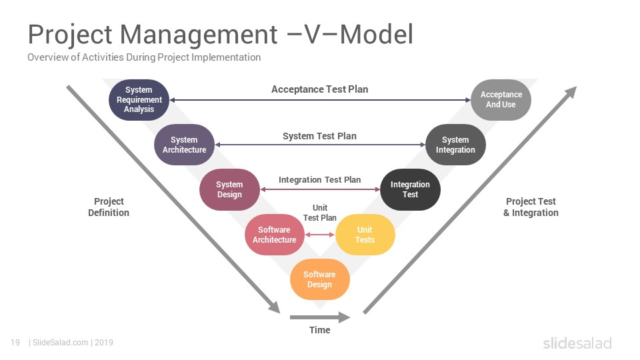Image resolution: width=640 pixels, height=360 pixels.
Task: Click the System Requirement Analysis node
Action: [x=139, y=99]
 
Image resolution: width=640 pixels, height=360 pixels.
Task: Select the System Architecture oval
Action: [x=184, y=145]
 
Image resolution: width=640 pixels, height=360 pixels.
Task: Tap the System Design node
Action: [x=229, y=189]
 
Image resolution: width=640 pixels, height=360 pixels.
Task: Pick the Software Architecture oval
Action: [x=274, y=235]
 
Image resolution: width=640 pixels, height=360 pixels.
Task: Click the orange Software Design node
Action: [x=319, y=279]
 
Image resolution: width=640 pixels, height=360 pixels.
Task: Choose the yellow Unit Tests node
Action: [x=365, y=235]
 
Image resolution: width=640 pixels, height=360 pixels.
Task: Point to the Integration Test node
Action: [x=410, y=189]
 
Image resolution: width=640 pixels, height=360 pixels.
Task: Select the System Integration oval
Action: [x=455, y=145]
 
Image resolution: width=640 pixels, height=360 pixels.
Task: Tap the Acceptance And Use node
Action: [x=501, y=99]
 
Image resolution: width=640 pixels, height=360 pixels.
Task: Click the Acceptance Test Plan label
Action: [x=319, y=89]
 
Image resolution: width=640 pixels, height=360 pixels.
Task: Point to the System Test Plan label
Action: [x=319, y=136]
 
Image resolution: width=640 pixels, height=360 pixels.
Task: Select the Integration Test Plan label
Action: [x=319, y=179]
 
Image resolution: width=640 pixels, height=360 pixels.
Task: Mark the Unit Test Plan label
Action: [x=319, y=213]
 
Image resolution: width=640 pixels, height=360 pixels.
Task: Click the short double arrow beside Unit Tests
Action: [x=319, y=235]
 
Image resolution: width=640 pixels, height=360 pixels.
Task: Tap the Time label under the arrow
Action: [x=319, y=330]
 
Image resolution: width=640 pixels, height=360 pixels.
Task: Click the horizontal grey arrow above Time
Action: [x=319, y=317]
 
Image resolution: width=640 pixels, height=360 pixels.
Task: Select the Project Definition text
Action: [x=109, y=207]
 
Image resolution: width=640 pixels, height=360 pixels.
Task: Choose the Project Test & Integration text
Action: [x=531, y=207]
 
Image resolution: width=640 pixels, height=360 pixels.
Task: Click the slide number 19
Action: [x=15, y=343]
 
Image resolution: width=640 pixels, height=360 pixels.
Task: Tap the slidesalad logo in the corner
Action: [x=577, y=343]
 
